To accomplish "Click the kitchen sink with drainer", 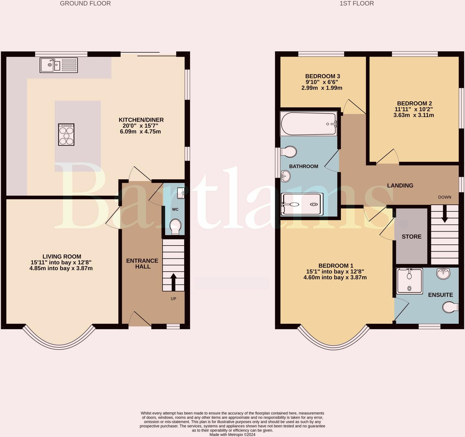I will coord(59,65).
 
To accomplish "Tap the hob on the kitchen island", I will coord(66,134).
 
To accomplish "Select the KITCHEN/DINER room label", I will coord(141,120).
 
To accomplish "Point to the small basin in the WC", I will coord(181,193).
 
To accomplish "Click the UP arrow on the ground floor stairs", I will coord(173,282).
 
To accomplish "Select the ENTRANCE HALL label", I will coord(142,263).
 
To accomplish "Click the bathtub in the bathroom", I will coord(308,124).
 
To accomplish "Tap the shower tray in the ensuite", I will coord(410,281).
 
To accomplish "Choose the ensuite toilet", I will coord(450,307).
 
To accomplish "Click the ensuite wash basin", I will coord(443,273).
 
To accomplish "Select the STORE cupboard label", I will coord(412,237).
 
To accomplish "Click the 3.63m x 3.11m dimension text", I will coord(413,115).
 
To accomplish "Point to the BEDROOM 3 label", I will coord(323,76).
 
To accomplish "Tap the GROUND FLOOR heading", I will coord(85,4).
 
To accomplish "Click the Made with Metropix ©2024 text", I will coord(232,435).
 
